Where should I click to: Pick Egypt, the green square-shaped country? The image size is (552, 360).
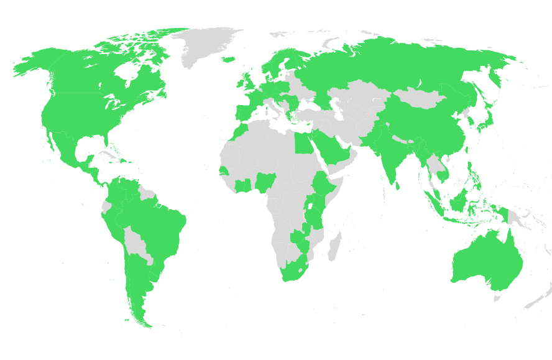click(x=303, y=144)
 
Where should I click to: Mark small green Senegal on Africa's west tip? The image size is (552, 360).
click(x=224, y=170)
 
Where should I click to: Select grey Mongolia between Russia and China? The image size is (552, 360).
click(x=420, y=98)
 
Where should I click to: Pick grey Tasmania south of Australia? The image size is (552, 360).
click(x=497, y=298)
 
